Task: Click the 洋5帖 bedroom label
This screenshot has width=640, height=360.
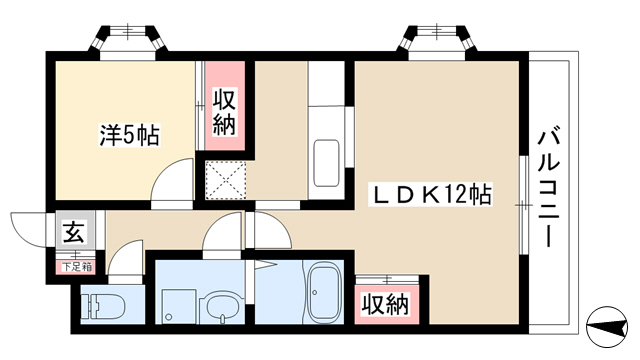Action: click(x=130, y=135)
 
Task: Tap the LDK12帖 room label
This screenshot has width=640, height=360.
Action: click(x=430, y=195)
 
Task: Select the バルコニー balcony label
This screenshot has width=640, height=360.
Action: click(x=548, y=189)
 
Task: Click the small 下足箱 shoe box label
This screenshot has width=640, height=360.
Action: click(x=76, y=267)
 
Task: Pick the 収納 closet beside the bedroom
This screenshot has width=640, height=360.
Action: click(x=224, y=113)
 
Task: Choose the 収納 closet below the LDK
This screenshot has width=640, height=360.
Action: click(x=386, y=304)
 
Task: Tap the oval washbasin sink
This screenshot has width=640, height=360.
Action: click(x=221, y=307)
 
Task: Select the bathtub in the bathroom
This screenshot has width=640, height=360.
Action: click(x=323, y=293)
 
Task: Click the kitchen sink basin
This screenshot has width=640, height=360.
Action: click(x=326, y=163)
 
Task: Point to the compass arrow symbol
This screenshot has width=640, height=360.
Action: click(x=607, y=327)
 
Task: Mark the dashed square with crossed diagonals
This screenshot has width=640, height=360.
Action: click(x=225, y=180)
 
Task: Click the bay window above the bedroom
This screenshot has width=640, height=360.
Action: click(x=128, y=40)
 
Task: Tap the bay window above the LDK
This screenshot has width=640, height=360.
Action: click(x=438, y=39)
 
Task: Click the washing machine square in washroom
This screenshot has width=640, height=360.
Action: click(x=179, y=306)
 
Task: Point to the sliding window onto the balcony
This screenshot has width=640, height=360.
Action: click(x=524, y=205)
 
